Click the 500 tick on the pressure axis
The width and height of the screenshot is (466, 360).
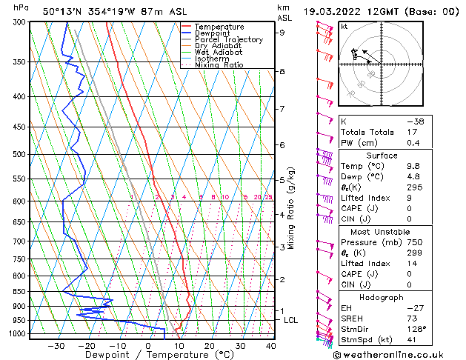[16, 154]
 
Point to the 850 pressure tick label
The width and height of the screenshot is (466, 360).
[16, 291]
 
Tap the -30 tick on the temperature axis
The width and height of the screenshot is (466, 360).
[56, 345]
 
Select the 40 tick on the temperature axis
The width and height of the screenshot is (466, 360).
[270, 345]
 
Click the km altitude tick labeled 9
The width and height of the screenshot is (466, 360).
[282, 33]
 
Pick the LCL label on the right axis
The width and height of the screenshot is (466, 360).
[291, 320]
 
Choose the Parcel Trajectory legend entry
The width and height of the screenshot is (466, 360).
[228, 40]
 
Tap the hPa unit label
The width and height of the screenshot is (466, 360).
[22, 7]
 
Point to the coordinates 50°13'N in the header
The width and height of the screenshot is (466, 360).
[61, 11]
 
